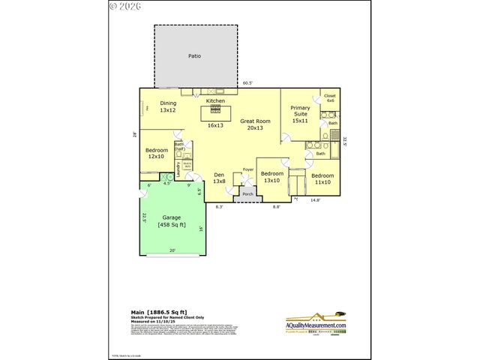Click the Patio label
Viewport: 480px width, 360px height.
(194, 55)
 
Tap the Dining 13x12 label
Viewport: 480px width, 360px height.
(167, 107)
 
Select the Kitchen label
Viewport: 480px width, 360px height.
(215, 100)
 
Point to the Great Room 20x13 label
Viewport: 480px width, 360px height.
(255, 124)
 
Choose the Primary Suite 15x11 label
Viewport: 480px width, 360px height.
(300, 114)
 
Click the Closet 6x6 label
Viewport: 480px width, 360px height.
(329, 98)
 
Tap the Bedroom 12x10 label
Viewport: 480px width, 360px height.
(156, 154)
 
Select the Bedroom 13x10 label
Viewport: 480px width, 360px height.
(271, 177)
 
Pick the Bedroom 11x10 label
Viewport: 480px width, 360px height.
(322, 178)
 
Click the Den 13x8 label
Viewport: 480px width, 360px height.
(219, 178)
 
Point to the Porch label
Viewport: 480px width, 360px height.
(247, 194)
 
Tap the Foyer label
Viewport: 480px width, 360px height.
(247, 170)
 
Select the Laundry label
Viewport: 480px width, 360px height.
(178, 169)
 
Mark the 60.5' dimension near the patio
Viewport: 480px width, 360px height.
(247, 83)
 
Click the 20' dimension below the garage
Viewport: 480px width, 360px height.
(172, 250)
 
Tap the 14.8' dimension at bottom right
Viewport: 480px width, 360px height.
(316, 200)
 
